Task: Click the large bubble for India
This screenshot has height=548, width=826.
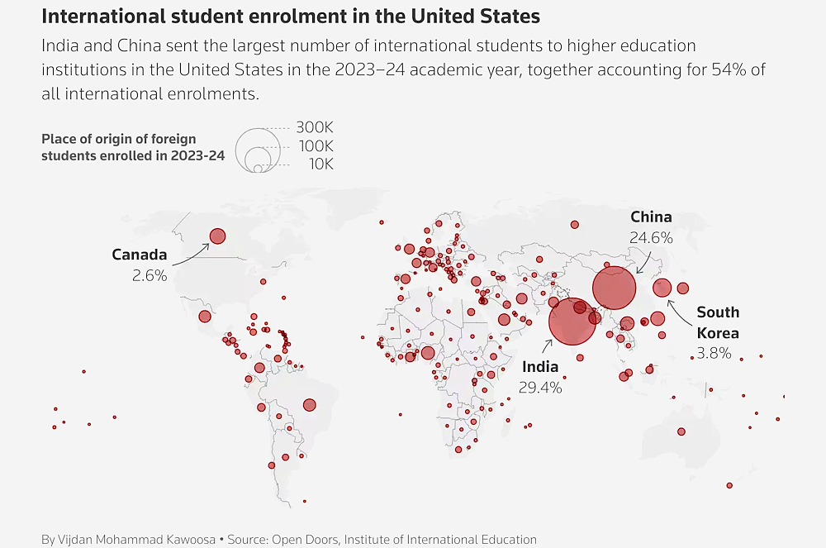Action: pyautogui.click(x=572, y=322)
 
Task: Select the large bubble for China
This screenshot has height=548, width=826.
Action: pyautogui.click(x=614, y=288)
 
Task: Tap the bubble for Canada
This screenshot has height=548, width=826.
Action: pyautogui.click(x=217, y=236)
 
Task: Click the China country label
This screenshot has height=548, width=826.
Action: pyautogui.click(x=651, y=217)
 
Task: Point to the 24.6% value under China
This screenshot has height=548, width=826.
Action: pyautogui.click(x=651, y=237)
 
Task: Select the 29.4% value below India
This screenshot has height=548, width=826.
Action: pyautogui.click(x=540, y=387)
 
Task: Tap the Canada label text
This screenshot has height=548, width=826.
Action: pyautogui.click(x=140, y=255)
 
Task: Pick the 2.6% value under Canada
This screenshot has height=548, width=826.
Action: pyautogui.click(x=150, y=275)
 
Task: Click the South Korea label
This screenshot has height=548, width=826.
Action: pyautogui.click(x=717, y=322)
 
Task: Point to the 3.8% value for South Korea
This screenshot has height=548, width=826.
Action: pyautogui.click(x=714, y=354)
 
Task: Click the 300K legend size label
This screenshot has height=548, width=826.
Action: pyautogui.click(x=314, y=128)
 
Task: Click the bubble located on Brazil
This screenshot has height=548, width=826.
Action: pyautogui.click(x=310, y=405)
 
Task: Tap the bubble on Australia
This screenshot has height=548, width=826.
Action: pyautogui.click(x=681, y=431)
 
